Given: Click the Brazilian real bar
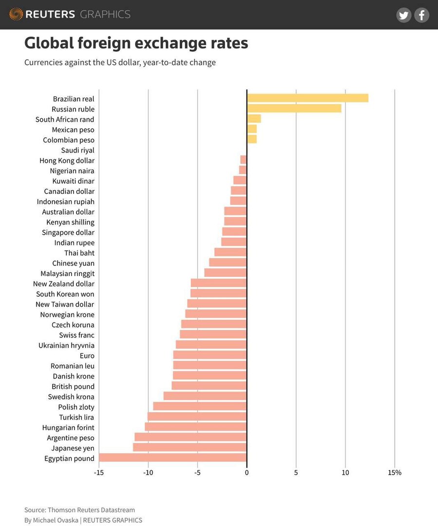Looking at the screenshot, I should (x=307, y=98).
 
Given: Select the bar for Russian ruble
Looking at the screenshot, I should (x=294, y=109).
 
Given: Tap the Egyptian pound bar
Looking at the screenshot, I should (x=172, y=458).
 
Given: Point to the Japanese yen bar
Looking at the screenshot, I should (x=190, y=448).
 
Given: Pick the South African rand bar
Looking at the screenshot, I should (x=254, y=119).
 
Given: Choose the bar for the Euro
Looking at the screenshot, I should (x=209, y=355).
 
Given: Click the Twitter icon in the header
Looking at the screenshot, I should (x=403, y=15).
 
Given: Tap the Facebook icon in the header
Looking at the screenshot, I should (x=421, y=15).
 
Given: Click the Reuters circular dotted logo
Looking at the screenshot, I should (x=16, y=14).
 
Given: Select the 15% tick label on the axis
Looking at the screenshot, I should (x=395, y=472).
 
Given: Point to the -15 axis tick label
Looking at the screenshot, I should (x=98, y=472).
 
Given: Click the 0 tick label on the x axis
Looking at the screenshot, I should (x=247, y=472).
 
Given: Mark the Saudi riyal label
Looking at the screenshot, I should (x=77, y=150).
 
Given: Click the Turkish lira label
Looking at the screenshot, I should (x=76, y=417).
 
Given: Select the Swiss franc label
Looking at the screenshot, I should (x=76, y=335).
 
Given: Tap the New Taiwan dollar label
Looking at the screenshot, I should (x=65, y=304).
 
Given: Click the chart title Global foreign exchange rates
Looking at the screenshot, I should (x=136, y=43).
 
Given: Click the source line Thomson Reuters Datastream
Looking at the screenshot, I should (x=91, y=510).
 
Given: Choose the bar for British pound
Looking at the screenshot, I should (x=209, y=386).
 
